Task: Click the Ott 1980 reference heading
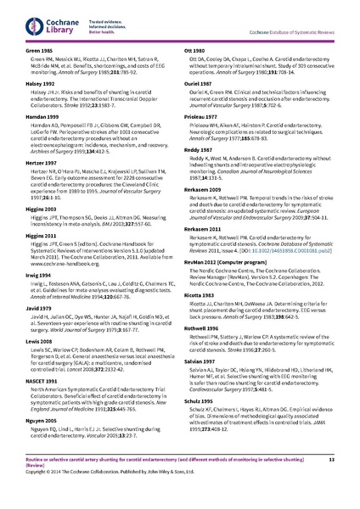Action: [x=195, y=51]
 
